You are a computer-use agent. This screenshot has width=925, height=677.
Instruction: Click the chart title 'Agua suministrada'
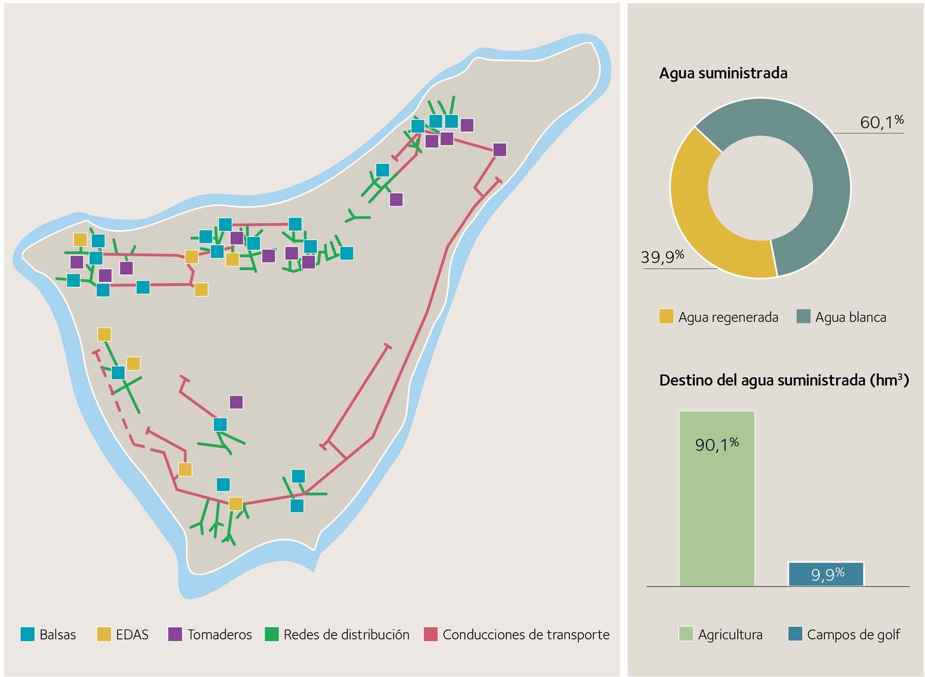point(723,73)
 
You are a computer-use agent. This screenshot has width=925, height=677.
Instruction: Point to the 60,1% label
point(881,122)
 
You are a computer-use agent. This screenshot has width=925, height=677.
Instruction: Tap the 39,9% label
point(662,256)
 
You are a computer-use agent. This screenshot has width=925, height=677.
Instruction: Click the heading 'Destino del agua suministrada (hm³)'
point(783,380)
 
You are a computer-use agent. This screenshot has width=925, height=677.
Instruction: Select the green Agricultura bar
point(716,508)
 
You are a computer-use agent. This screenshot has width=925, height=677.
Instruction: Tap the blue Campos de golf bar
point(826,574)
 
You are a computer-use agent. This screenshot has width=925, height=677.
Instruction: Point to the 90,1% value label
point(716,444)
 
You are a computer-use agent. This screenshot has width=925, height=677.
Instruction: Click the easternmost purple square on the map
point(499,150)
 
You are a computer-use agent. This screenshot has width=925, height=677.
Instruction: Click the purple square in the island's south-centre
point(236,402)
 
